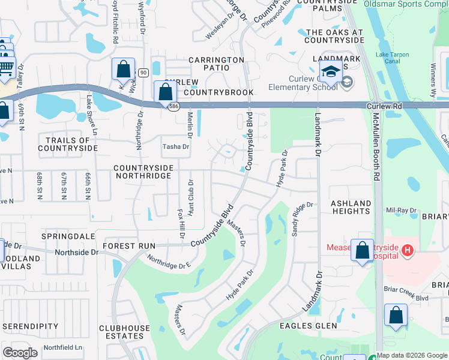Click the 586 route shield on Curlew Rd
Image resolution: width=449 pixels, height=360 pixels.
173,106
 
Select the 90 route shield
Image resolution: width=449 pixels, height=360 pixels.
142,72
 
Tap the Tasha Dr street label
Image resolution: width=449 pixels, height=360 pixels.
176,146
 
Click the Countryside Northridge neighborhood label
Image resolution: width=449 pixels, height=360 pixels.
143,172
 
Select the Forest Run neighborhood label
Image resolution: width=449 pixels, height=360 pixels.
129,246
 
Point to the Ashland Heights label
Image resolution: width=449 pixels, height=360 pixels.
351,208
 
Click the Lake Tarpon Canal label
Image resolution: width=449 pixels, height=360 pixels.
392,58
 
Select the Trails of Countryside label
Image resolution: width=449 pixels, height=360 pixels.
68,143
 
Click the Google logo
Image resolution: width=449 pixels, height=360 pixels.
20,353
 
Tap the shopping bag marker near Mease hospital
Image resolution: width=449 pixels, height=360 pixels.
363,251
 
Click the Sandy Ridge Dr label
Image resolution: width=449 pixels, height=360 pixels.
303,218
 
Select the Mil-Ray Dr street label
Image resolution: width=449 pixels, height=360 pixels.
402,211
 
